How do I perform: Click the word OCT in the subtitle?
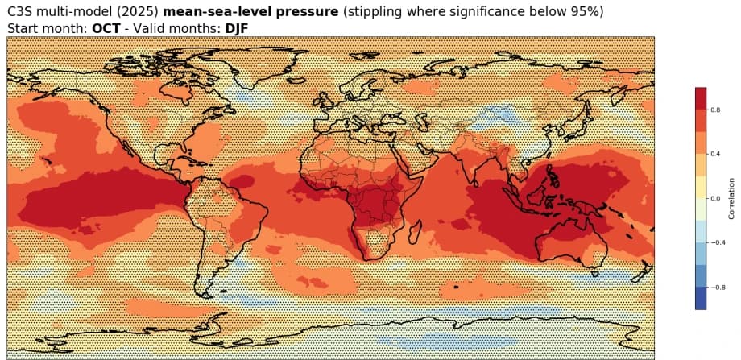click(106, 28)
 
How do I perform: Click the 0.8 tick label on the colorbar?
click(717, 110)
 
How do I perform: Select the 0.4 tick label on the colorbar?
click(717, 154)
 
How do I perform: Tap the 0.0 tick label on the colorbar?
click(717, 198)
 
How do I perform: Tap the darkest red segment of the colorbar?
click(701, 98)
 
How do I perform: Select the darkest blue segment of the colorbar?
click(701, 298)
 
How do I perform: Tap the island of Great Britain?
click(325, 95)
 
